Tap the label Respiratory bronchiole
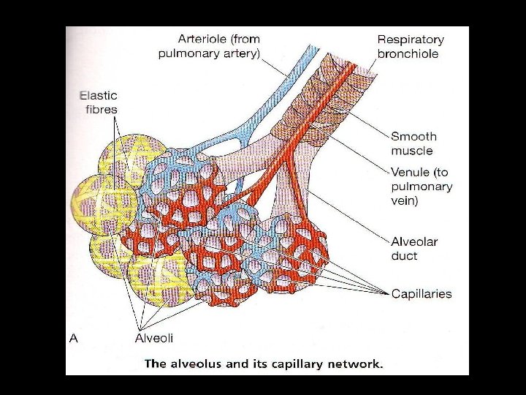click(x=411, y=46)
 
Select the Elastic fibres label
click(x=98, y=102)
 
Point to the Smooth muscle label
click(x=413, y=143)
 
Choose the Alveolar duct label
click(x=414, y=249)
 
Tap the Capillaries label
click(x=422, y=294)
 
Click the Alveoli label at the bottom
click(x=154, y=338)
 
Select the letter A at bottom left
click(x=73, y=338)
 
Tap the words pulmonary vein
click(x=422, y=194)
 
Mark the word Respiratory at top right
click(x=411, y=39)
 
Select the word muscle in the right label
click(x=412, y=151)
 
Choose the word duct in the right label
click(x=404, y=256)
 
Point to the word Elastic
click(x=98, y=95)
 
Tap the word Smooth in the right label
click(x=413, y=136)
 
